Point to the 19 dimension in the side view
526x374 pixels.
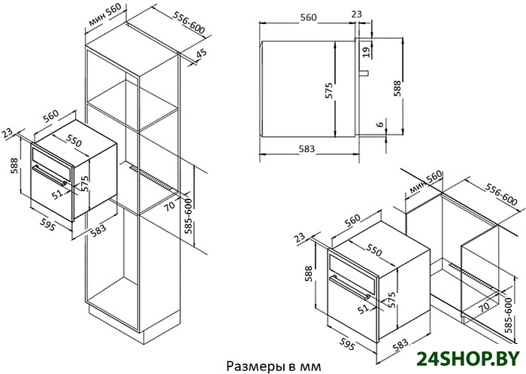(x=367, y=52)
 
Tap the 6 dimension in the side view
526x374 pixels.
(x=379, y=124)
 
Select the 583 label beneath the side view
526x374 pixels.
(x=307, y=148)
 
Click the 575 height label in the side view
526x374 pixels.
(x=329, y=90)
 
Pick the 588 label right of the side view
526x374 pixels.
(x=398, y=88)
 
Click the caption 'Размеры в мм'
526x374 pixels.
(x=274, y=366)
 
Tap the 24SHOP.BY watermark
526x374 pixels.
(x=468, y=359)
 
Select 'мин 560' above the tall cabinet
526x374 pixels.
(x=104, y=14)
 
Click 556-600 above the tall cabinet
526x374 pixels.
(x=189, y=23)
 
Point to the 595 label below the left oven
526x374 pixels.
(x=47, y=224)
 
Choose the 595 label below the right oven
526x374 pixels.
(x=347, y=344)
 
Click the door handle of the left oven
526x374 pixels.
(x=50, y=175)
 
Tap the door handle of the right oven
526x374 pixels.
(x=350, y=287)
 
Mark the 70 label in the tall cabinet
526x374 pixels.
(x=169, y=206)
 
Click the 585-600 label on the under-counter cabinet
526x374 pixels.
(x=509, y=315)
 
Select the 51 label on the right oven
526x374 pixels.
(x=363, y=309)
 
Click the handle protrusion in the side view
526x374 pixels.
(x=364, y=72)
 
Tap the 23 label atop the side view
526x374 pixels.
(x=357, y=14)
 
